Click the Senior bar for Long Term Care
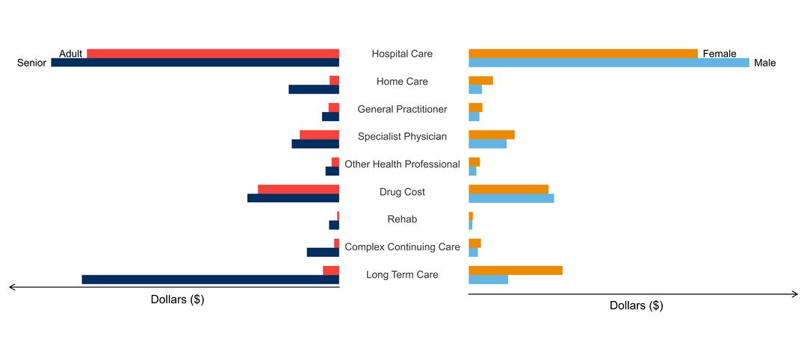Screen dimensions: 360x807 [x=210, y=279]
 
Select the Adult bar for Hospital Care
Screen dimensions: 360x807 [x=213, y=53]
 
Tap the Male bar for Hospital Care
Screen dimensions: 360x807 [x=608, y=63]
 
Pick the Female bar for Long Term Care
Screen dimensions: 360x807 [x=515, y=270]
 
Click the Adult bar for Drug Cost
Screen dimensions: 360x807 [x=298, y=189]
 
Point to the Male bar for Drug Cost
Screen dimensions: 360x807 [x=511, y=198]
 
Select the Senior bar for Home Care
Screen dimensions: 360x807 [x=314, y=90]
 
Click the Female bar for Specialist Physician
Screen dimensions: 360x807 [x=491, y=134]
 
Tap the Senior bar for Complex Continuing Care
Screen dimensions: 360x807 [x=323, y=252]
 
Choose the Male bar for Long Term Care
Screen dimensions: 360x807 [x=488, y=279]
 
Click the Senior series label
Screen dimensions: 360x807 [x=32, y=63]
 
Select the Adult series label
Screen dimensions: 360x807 [x=71, y=54]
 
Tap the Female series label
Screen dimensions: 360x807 [x=720, y=54]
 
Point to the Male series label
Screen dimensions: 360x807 [x=765, y=63]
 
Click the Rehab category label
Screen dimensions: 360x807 [x=402, y=220]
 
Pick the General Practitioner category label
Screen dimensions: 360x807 [x=402, y=109]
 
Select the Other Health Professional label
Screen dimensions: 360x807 [x=402, y=164]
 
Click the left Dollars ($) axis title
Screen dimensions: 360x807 [x=177, y=300]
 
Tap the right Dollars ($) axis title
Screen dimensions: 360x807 [x=636, y=305]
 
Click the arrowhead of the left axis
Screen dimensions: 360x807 [x=10, y=287]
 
